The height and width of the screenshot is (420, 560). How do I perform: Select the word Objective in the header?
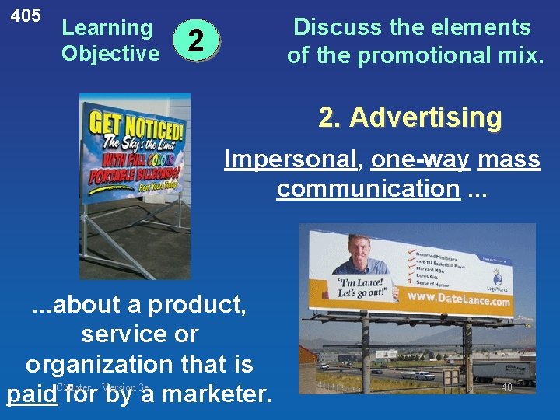pyautogui.click(x=110, y=54)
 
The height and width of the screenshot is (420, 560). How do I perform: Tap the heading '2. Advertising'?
pyautogui.click(x=410, y=117)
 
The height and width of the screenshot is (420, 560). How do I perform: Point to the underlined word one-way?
pyautogui.click(x=421, y=159)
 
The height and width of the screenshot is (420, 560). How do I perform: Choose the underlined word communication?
pyautogui.click(x=368, y=188)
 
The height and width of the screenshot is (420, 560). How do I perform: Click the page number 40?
pyautogui.click(x=506, y=387)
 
